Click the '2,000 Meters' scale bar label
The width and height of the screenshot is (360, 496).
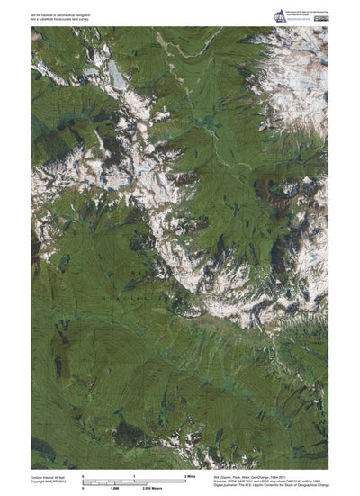coord(188,487)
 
